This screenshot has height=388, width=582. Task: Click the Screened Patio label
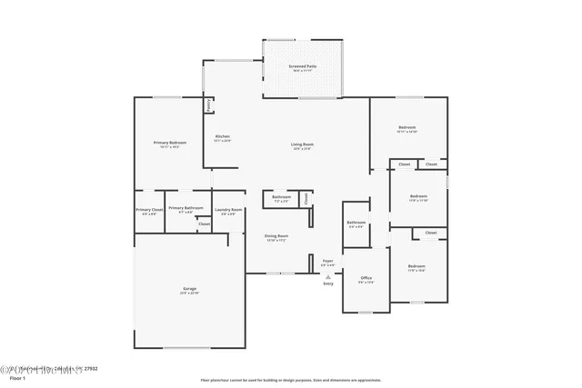303,66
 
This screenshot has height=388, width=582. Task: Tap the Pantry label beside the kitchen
209,104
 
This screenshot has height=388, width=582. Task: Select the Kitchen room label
223,136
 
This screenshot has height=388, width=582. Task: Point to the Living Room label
303,144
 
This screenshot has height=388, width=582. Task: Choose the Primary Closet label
149,210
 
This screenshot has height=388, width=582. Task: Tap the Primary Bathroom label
186,207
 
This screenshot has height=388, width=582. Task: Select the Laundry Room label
228,210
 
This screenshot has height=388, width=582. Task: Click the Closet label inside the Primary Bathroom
205,224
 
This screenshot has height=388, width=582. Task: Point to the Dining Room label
276,236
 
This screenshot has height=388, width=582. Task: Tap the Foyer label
328,261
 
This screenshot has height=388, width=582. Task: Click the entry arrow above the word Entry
328,275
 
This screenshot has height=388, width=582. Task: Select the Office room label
366,277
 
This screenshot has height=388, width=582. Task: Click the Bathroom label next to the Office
356,222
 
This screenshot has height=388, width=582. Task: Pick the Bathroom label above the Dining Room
281,196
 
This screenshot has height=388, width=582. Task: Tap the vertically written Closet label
306,197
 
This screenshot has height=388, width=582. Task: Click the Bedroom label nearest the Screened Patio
406,127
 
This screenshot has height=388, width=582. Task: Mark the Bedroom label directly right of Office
417,266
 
